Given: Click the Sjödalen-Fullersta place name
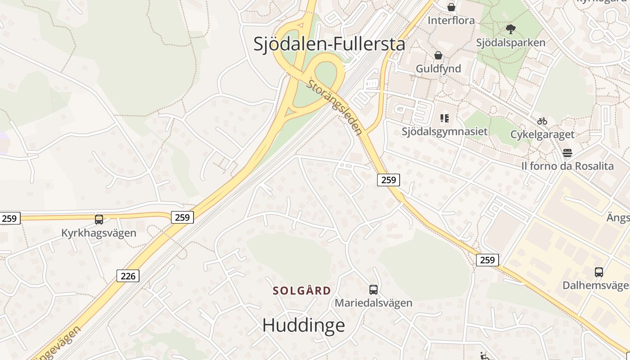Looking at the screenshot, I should pyautogui.click(x=329, y=44).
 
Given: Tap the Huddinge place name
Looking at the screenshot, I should pyautogui.click(x=303, y=325).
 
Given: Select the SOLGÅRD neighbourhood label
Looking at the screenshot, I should pyautogui.click(x=302, y=291).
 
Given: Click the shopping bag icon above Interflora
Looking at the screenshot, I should pyautogui.click(x=451, y=8).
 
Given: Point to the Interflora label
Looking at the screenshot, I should pyautogui.click(x=451, y=20).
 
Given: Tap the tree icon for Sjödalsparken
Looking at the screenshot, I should pyautogui.click(x=510, y=30).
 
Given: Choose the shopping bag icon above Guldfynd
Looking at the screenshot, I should pyautogui.click(x=438, y=55).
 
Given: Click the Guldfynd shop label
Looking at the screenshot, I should pyautogui.click(x=438, y=68).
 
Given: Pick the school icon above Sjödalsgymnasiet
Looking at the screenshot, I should pyautogui.click(x=445, y=118).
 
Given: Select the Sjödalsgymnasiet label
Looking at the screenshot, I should pyautogui.click(x=445, y=131).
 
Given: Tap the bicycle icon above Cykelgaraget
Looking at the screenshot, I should pyautogui.click(x=542, y=121).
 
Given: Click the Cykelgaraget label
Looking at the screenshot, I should pyautogui.click(x=542, y=134).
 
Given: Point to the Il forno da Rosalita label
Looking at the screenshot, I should pyautogui.click(x=567, y=166).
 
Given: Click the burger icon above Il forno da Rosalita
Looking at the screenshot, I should pyautogui.click(x=567, y=153).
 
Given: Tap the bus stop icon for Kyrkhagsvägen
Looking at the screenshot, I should pyautogui.click(x=99, y=220).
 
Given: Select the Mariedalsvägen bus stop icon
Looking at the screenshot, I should pyautogui.click(x=373, y=290).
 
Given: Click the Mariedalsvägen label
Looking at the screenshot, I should pyautogui.click(x=373, y=303).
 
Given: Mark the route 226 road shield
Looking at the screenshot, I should pyautogui.click(x=128, y=276).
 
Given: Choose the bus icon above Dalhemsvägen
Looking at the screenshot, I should pyautogui.click(x=598, y=272).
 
